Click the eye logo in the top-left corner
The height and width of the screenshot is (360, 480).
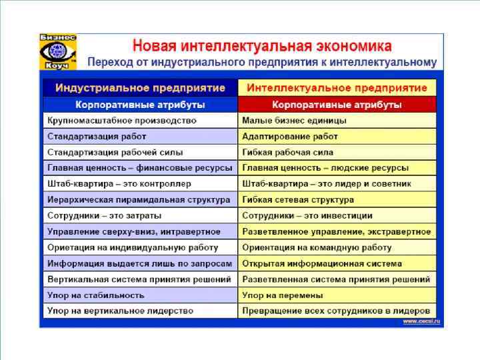coord(58,51)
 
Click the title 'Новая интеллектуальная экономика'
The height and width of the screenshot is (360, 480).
coord(262,47)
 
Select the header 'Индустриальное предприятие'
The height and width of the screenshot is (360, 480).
coord(140,88)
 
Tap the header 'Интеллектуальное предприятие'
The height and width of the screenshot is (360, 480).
coord(337,88)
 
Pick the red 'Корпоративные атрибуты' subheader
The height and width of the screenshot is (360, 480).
coord(337,105)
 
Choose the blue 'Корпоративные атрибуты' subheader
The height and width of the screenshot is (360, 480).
coord(140,105)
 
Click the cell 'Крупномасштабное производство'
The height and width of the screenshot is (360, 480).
coord(122,121)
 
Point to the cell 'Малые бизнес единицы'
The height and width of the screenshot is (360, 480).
coord(294,121)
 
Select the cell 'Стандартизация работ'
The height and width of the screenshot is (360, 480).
coord(97,136)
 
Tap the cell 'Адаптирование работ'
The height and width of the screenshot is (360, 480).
coord(290,136)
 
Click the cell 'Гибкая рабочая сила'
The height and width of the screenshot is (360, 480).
coord(287,152)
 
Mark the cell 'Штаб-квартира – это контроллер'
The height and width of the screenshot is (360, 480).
coord(119,183)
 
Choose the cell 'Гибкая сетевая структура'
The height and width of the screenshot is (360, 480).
coord(298,199)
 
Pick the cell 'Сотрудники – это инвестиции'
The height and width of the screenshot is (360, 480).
coord(307,215)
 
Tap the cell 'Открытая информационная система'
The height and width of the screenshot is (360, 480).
coord(322,263)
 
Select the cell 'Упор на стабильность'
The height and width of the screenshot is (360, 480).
coord(96,295)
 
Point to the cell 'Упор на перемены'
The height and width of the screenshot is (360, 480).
coord(283,295)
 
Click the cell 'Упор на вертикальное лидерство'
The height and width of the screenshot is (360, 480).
coord(120,311)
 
